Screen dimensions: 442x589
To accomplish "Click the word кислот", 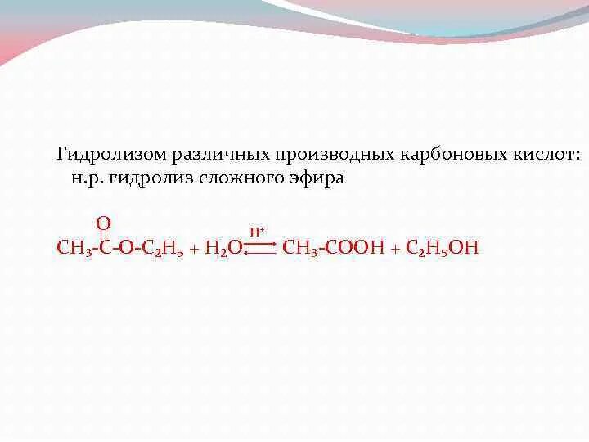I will (546, 155).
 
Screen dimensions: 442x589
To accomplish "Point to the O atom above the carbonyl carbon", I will (103, 223).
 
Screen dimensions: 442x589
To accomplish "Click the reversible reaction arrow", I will (259, 246).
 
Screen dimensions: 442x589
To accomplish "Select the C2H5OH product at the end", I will (443, 248).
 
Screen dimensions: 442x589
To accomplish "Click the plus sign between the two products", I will (394, 248).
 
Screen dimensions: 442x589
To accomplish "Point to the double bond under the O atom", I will (103, 235).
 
